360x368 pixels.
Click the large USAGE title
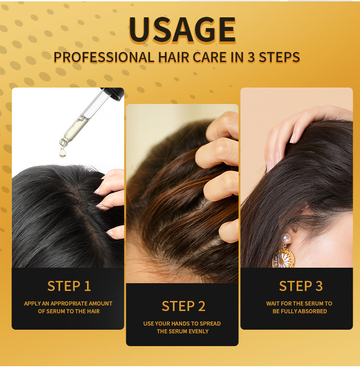182,30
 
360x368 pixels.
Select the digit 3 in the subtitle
251,57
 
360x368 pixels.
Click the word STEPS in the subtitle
279,57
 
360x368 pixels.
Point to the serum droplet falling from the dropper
62,152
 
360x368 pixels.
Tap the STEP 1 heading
69,286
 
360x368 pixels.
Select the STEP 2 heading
183,306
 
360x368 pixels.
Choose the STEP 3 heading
301,286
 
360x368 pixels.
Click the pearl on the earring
286,239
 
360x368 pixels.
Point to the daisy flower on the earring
283,260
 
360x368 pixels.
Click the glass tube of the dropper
86,116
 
